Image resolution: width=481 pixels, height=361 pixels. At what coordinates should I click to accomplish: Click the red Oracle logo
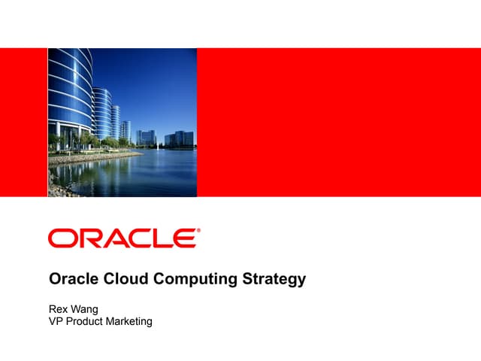point(123,238)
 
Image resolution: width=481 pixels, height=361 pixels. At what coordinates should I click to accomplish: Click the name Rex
point(59,308)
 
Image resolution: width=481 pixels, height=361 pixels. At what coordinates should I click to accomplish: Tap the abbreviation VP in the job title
point(56,321)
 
